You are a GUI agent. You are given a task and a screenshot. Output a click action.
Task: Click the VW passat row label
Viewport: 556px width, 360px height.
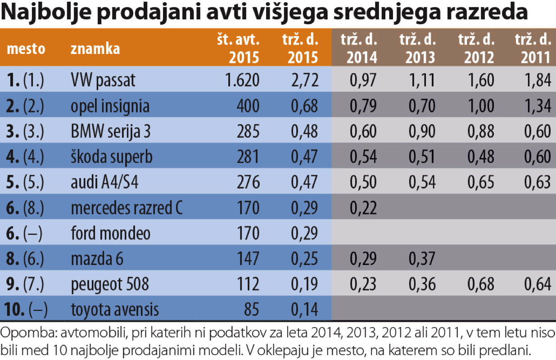click(x=103, y=80)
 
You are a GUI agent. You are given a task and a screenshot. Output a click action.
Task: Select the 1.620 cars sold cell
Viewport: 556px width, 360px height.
click(x=242, y=80)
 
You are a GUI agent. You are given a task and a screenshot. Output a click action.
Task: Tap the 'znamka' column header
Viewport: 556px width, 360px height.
click(x=95, y=48)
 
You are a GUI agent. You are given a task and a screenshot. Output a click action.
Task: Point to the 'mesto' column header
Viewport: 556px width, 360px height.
click(x=26, y=48)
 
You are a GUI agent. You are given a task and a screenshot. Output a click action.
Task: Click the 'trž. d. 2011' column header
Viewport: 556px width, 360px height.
click(x=533, y=48)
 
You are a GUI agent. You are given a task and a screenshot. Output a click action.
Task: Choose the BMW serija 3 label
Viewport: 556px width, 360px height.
click(x=110, y=131)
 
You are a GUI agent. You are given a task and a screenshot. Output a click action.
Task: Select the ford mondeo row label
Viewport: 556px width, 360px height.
click(x=110, y=233)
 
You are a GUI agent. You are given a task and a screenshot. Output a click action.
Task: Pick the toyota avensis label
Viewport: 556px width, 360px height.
click(x=115, y=310)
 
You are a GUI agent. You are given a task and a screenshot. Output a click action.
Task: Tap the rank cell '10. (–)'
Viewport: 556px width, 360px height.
click(x=27, y=310)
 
